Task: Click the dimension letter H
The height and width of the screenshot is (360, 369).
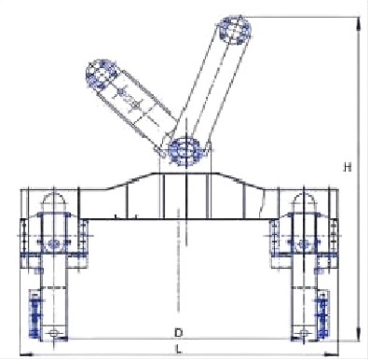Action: pos(348,167)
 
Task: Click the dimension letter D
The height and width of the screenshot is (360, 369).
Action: pos(178,333)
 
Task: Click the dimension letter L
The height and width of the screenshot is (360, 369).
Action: pos(178,350)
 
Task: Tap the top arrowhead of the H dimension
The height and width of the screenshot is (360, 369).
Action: pos(359,23)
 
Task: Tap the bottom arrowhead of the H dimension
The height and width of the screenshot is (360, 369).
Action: pos(359,333)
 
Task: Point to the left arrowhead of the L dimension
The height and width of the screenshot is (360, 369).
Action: pos(26,353)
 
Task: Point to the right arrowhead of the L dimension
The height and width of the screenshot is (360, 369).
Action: pos(331,353)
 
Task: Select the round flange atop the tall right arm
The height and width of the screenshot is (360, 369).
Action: pos(234,31)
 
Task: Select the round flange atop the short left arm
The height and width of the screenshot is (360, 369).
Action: pos(101,75)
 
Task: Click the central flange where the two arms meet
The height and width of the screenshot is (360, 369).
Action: pos(185,151)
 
